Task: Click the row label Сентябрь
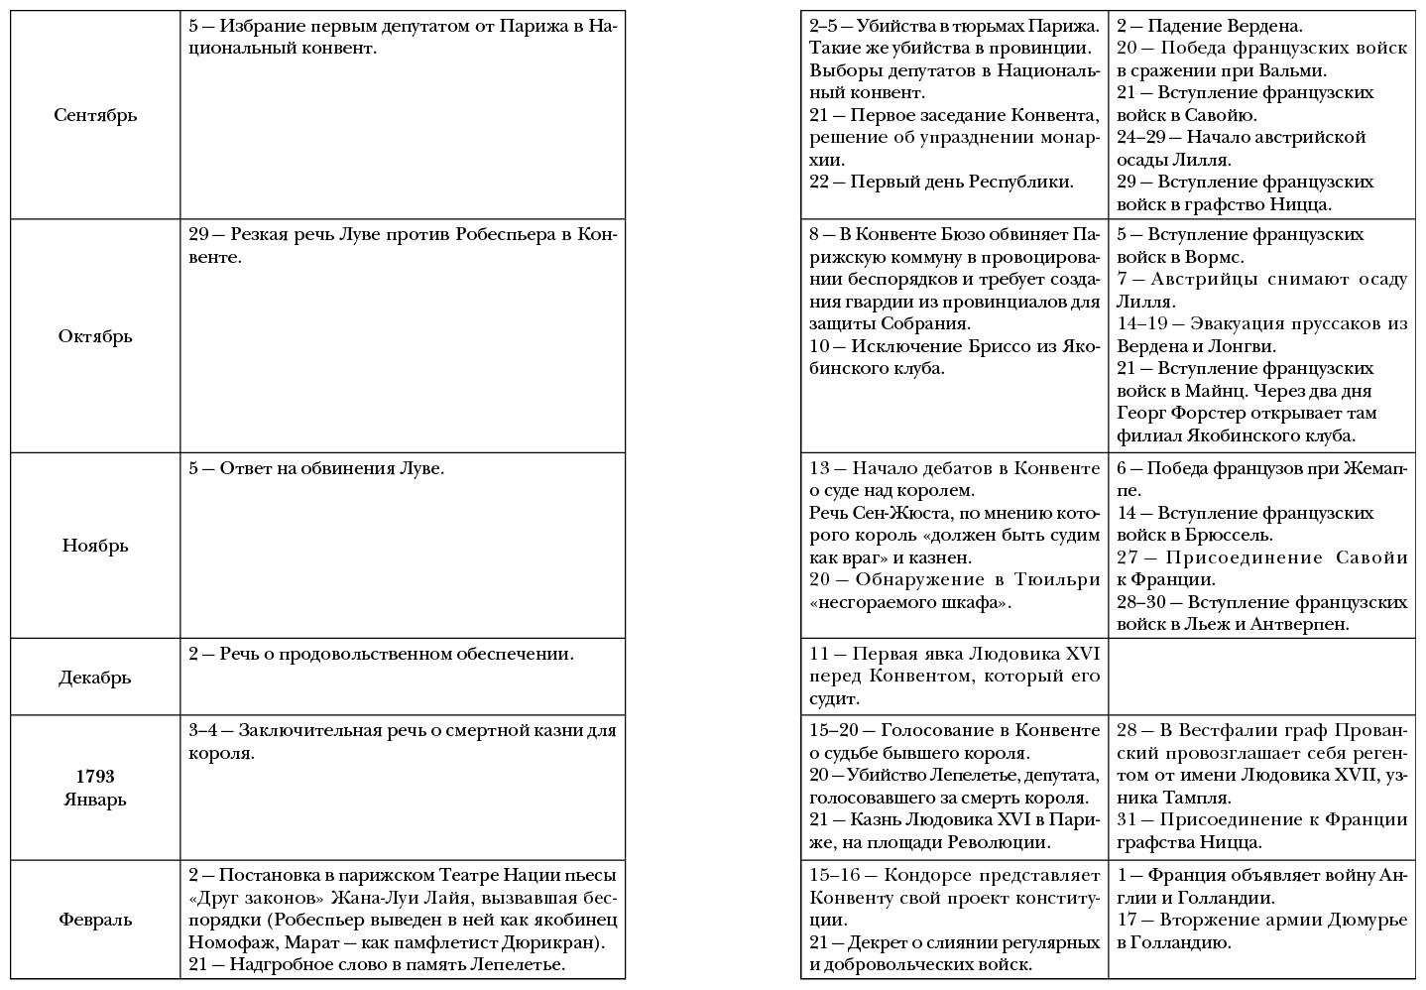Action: coord(95,115)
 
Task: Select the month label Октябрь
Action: coord(95,336)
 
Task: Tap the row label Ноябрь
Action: coord(95,546)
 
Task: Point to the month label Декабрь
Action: coord(95,678)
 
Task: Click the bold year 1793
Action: coord(95,777)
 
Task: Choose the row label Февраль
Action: coord(95,920)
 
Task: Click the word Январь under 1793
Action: coord(95,800)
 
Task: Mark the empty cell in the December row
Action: coord(1262,676)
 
